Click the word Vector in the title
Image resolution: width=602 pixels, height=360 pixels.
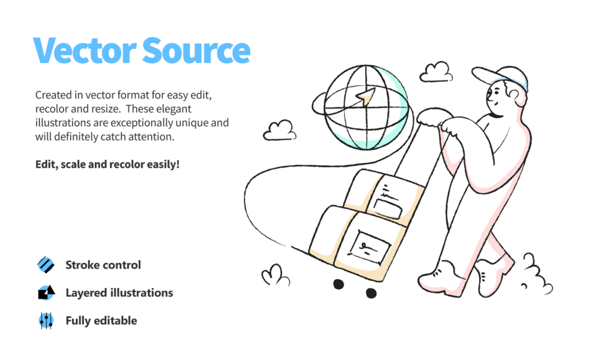(x=85, y=50)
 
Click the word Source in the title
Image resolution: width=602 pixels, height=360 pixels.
(x=196, y=50)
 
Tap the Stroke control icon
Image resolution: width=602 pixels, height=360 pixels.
(x=46, y=265)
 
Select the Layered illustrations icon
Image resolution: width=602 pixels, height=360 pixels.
(x=46, y=293)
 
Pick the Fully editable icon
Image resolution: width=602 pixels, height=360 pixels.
(x=46, y=320)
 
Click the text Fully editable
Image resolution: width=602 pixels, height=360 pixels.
(x=101, y=320)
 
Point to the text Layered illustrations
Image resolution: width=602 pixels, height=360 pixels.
(x=119, y=293)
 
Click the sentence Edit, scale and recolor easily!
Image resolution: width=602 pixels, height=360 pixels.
(x=107, y=164)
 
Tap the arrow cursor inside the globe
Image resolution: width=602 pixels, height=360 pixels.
(x=365, y=97)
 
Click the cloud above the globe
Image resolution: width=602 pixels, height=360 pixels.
(x=436, y=72)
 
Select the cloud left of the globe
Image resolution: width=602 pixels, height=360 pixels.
(x=280, y=131)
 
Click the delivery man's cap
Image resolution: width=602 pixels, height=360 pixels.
(x=500, y=78)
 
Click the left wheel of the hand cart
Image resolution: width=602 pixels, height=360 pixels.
(x=338, y=284)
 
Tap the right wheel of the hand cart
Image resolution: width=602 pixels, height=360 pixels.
(x=371, y=294)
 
